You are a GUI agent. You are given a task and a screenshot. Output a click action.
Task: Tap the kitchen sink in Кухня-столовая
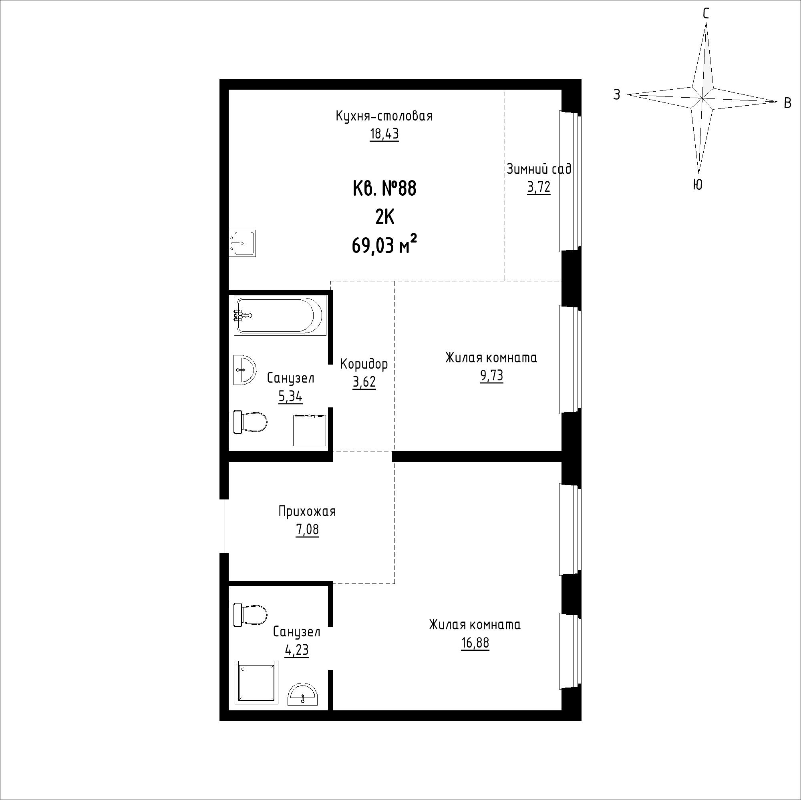pyautogui.click(x=242, y=243)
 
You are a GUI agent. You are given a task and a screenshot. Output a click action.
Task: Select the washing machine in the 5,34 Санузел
pyautogui.click(x=310, y=430)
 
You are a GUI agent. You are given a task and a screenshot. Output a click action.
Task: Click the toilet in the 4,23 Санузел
pyautogui.click(x=250, y=615)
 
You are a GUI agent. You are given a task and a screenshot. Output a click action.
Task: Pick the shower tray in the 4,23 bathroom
pyautogui.click(x=256, y=682)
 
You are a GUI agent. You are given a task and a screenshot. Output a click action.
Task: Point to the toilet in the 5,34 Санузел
pyautogui.click(x=250, y=422)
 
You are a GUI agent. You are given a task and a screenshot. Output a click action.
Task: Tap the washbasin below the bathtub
pyautogui.click(x=245, y=369)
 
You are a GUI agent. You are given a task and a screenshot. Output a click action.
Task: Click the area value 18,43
pyautogui.click(x=384, y=134)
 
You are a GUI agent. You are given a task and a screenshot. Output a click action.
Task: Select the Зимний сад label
pyautogui.click(x=539, y=169)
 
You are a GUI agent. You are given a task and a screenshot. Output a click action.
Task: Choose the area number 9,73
pyautogui.click(x=492, y=376)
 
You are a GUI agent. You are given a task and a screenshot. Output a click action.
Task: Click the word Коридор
pyautogui.click(x=364, y=364)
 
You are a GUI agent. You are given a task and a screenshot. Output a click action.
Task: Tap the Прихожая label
pyautogui.click(x=307, y=511)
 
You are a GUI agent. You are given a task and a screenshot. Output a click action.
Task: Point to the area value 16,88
pyautogui.click(x=475, y=643)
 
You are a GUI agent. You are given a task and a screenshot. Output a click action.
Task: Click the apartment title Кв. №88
pyautogui.click(x=384, y=189)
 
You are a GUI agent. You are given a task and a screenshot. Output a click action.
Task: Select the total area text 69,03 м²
pyautogui.click(x=384, y=246)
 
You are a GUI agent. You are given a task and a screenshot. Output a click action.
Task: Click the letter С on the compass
pyautogui.click(x=706, y=14)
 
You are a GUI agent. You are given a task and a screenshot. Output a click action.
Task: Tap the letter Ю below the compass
pyautogui.click(x=698, y=185)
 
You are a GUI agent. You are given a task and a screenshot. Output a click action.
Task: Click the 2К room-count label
pyautogui.click(x=384, y=217)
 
